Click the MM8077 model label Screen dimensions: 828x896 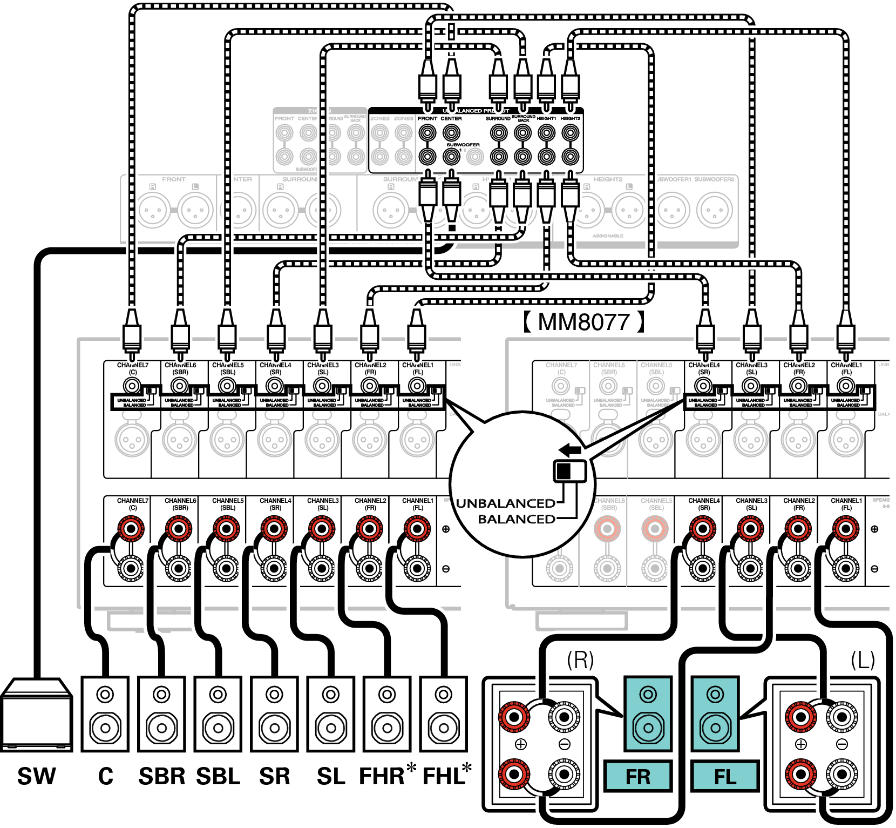pos(583,322)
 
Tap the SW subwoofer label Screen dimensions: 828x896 pos(37,776)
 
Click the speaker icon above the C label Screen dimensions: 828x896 pos(105,713)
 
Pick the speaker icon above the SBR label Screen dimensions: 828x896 pos(161,713)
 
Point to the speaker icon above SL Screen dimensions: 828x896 pos(331,713)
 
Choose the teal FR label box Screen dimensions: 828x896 pos(638,777)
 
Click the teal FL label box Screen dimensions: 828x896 pos(725,777)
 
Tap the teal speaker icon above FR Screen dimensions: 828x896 pos(648,713)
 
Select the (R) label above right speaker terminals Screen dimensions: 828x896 pos(580,660)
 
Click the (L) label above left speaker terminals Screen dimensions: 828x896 pos(863,660)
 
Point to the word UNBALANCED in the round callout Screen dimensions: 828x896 pos(505,503)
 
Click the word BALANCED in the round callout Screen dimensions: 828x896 pos(517,519)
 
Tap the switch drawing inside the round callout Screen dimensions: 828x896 pos(569,470)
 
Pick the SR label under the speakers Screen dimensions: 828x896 pos(275,776)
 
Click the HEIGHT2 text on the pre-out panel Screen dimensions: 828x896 pos(570,118)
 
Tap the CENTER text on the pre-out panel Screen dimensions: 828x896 pos(451,118)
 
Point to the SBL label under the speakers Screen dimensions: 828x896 pos(218,776)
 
